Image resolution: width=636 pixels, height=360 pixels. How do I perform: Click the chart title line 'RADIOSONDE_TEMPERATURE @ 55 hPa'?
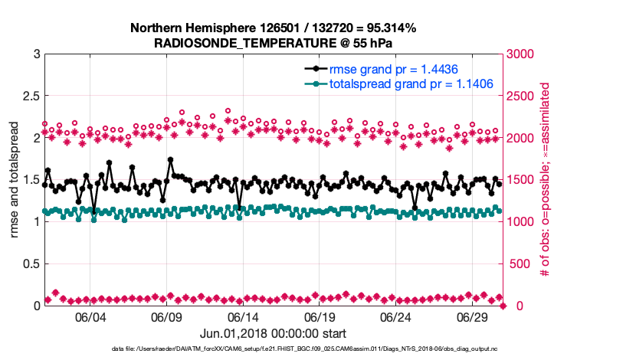click(274, 43)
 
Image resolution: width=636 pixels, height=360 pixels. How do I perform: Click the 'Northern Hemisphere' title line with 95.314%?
click(274, 28)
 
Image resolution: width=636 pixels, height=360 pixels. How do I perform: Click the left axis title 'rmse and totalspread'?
click(15, 180)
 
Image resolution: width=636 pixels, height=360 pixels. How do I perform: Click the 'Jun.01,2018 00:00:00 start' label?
click(273, 333)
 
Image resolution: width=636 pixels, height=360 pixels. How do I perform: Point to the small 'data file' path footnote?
click(274, 349)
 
